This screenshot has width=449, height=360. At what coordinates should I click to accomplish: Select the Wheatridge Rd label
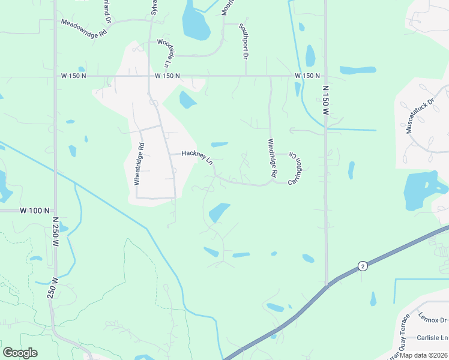click(x=139, y=163)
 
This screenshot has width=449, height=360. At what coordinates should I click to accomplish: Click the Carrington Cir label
click(x=294, y=167)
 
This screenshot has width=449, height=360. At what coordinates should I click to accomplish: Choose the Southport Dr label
click(x=243, y=41)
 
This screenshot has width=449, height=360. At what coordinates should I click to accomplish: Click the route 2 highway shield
click(x=362, y=265)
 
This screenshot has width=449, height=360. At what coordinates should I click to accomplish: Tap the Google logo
click(x=20, y=353)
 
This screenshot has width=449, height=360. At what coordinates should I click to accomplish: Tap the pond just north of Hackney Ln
click(x=220, y=144)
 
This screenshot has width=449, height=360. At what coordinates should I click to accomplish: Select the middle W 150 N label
click(x=167, y=76)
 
